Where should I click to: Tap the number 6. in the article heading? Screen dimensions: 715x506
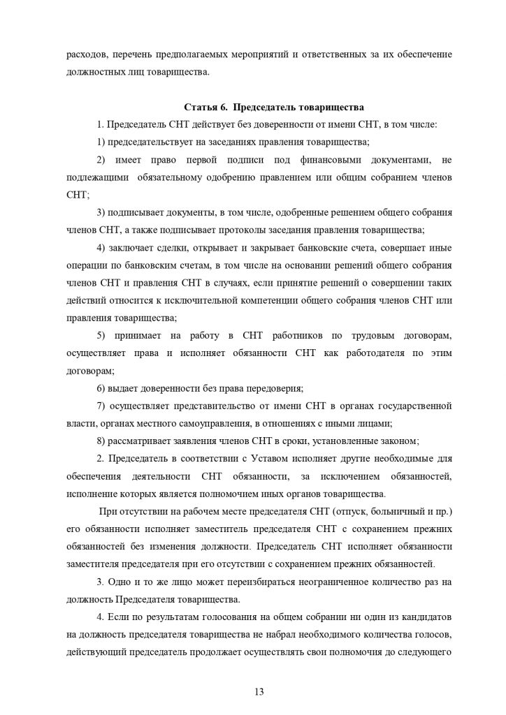222,108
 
